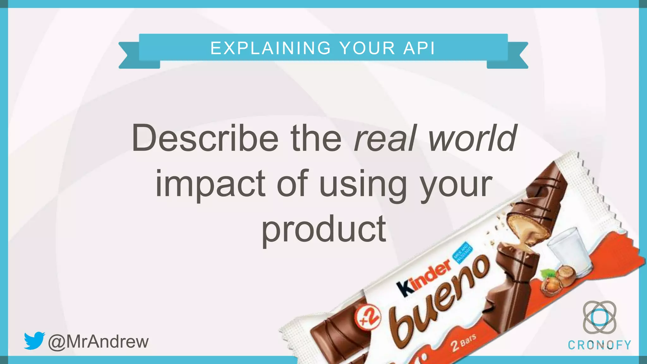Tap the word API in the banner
tap(419, 48)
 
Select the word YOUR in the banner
tap(367, 48)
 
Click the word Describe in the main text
tap(205, 138)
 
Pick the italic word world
tap(473, 138)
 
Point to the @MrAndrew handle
tap(98, 342)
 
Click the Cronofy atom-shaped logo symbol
tap(599, 317)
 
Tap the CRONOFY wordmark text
tap(599, 345)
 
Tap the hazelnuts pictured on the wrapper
tap(556, 278)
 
